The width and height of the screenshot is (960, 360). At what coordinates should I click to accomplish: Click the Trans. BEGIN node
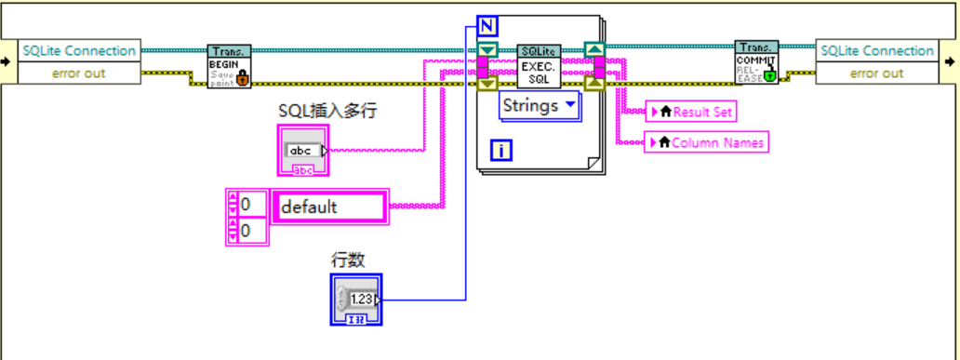pos(228,66)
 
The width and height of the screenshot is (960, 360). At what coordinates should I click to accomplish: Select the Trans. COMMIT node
pos(756,61)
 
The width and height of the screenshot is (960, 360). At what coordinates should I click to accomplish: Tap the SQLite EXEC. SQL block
pos(540,66)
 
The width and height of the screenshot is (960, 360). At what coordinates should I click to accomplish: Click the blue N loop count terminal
pos(487,25)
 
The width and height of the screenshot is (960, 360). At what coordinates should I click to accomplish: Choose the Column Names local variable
pos(706,142)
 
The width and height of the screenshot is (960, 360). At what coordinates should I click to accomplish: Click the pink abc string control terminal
pos(303,153)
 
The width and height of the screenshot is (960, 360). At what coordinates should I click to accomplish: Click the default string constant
pos(327,207)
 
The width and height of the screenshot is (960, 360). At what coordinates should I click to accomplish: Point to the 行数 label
pos(348,260)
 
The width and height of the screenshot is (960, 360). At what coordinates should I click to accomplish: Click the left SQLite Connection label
pos(78,51)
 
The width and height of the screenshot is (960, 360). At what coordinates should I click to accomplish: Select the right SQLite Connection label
pos(876,51)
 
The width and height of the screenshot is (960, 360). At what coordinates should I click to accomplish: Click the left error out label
pos(78,73)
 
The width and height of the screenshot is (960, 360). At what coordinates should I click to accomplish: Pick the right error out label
pos(876,73)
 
